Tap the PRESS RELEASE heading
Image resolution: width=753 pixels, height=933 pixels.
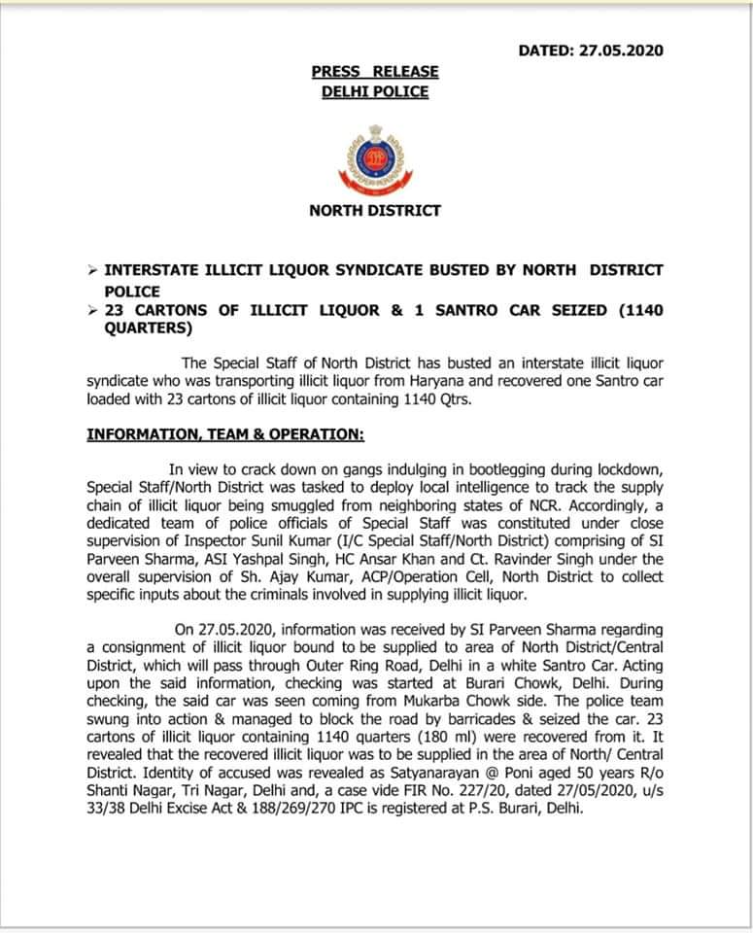[375, 72]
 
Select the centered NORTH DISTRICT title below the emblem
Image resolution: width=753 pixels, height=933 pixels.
[375, 210]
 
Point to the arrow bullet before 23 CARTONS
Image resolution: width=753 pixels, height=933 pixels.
[91, 311]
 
